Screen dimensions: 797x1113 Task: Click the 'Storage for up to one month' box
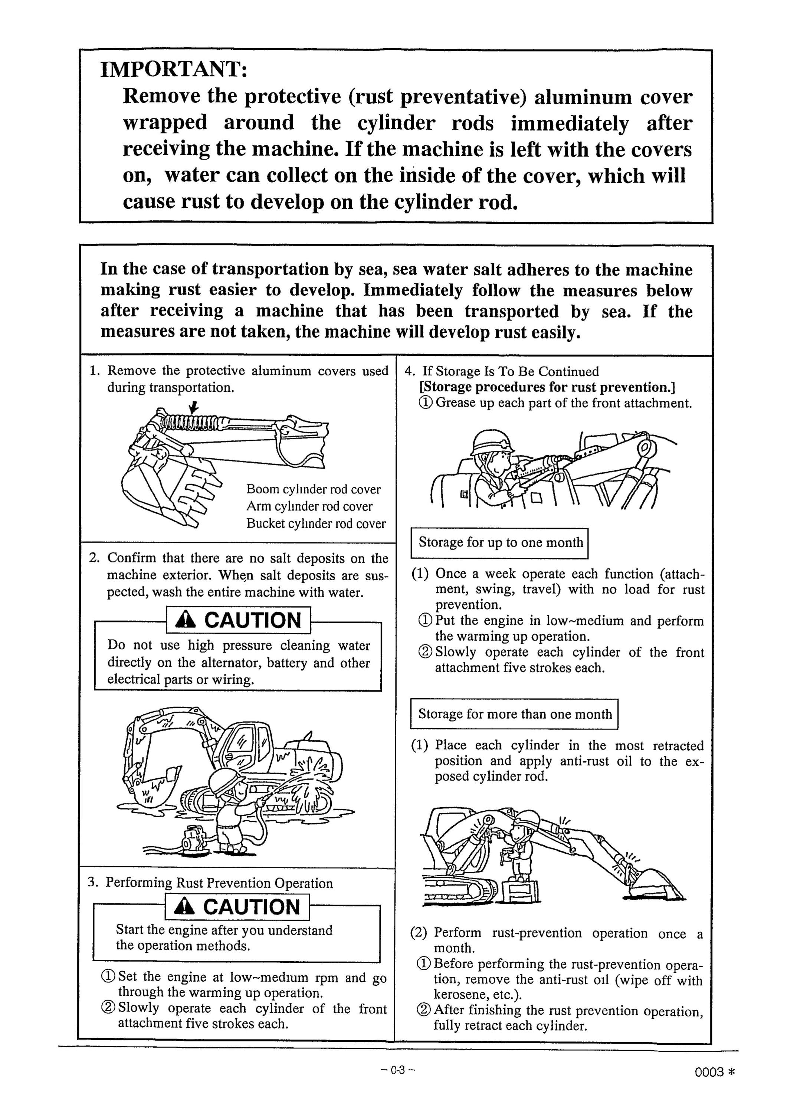[x=499, y=543]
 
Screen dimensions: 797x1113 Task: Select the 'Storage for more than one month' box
[x=514, y=714]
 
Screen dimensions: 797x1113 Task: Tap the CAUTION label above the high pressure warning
[x=239, y=620]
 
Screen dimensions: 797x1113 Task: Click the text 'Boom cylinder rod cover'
[x=313, y=489]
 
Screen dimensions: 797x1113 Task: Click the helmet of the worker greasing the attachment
[x=492, y=441]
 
